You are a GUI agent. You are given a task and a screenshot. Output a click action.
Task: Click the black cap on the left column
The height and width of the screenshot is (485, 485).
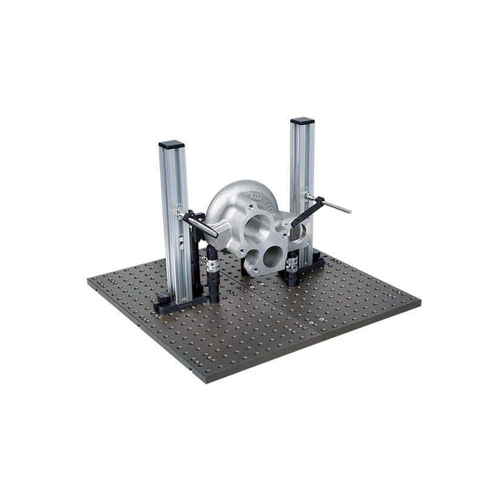(171, 145)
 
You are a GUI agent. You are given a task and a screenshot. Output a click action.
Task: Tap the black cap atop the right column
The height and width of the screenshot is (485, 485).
(302, 121)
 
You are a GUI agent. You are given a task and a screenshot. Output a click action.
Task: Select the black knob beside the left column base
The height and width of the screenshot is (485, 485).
(162, 297)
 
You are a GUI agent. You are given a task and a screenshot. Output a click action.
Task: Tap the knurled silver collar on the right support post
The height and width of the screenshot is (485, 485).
(293, 263)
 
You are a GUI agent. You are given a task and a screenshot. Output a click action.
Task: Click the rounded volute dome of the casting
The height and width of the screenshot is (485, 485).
(233, 200)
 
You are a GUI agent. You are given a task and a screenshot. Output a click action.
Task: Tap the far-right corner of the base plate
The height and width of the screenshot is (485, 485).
(420, 300)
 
